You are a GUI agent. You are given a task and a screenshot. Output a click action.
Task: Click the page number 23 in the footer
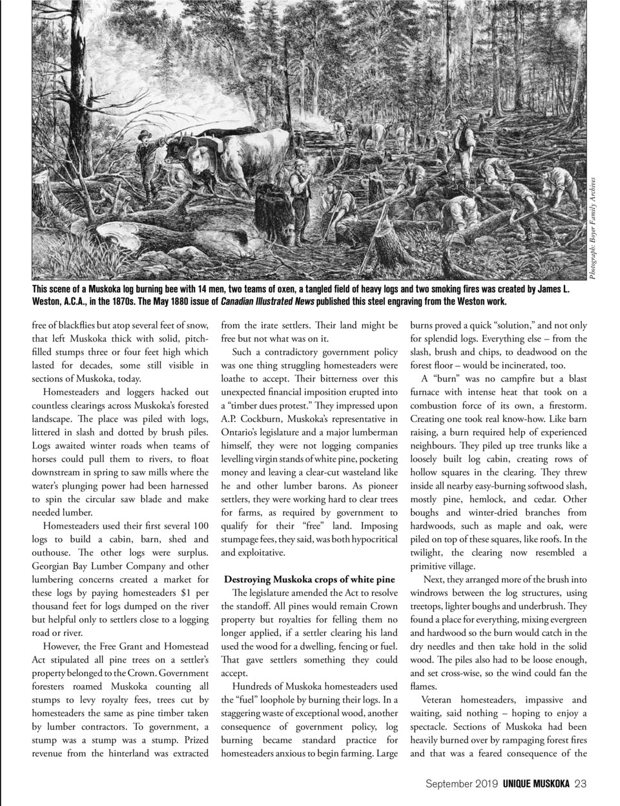pos(580,784)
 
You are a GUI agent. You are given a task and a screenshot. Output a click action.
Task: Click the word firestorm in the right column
pos(564,405)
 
